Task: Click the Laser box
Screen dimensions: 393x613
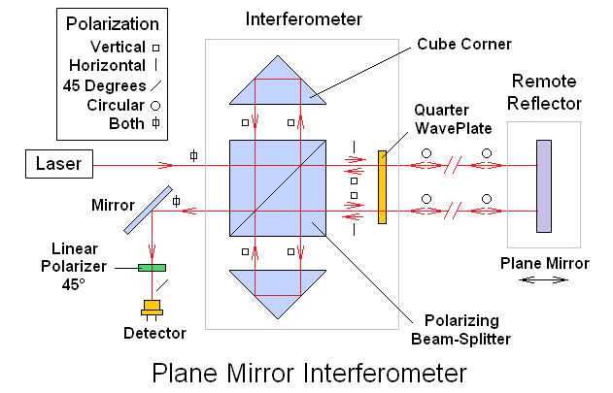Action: click(58, 166)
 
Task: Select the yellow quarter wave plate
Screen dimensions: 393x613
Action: click(383, 186)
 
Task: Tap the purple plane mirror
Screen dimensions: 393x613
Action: click(544, 186)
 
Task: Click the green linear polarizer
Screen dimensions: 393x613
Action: click(151, 267)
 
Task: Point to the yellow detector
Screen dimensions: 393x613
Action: click(151, 310)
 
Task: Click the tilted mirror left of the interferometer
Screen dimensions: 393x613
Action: click(149, 210)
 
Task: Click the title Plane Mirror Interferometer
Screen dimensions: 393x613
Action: click(309, 372)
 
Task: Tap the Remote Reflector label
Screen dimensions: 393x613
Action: click(546, 94)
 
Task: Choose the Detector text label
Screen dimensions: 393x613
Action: click(153, 334)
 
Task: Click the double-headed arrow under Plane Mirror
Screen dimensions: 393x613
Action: click(544, 279)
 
